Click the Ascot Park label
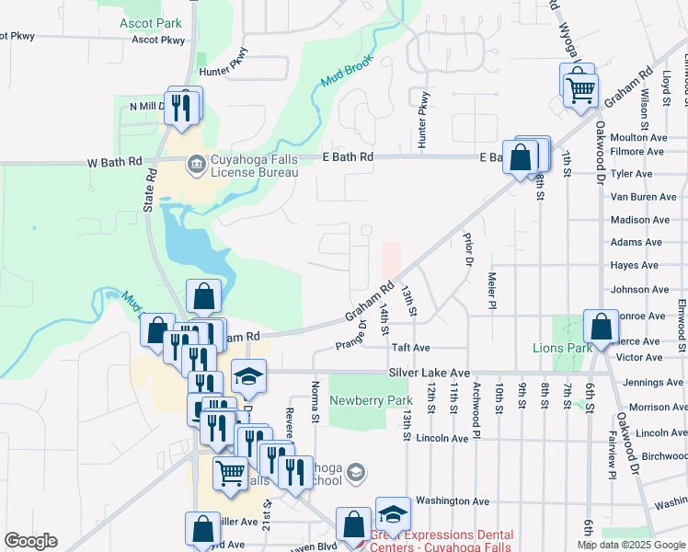coord(150,22)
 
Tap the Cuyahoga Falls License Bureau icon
coord(196,165)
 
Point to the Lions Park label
coord(562,348)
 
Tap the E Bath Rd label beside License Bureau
coord(349,157)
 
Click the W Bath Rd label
coord(114,162)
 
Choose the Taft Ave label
coord(411,349)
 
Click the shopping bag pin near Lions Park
coord(601,326)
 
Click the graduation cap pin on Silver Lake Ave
coord(248,375)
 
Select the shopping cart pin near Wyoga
coord(580,89)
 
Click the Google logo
coord(30,541)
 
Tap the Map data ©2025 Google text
coord(630,546)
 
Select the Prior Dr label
coord(468,248)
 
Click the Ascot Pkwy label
coord(158,40)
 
